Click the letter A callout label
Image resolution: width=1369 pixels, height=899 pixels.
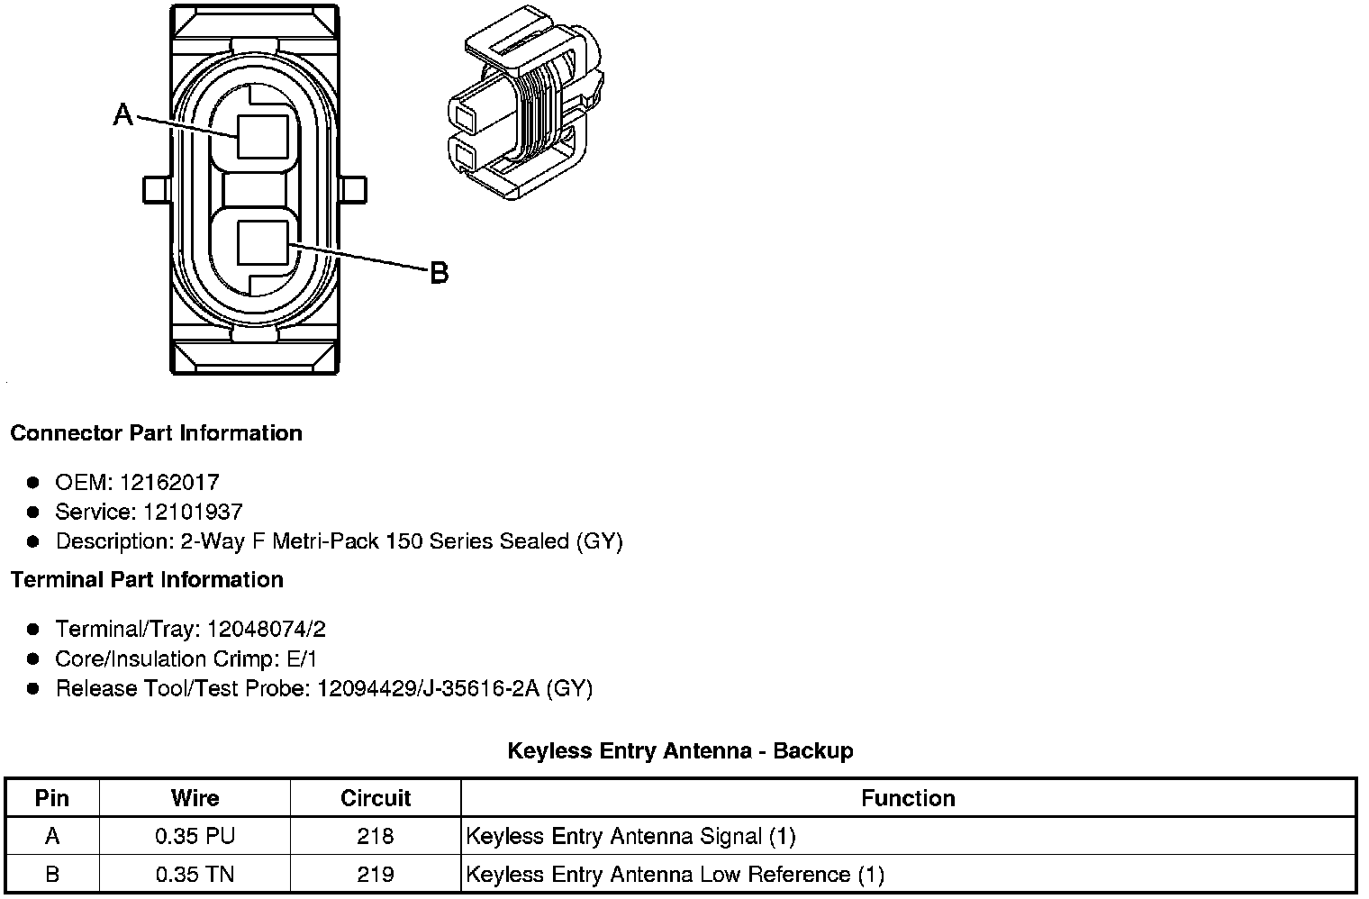click(123, 115)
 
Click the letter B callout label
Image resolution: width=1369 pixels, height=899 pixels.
click(439, 272)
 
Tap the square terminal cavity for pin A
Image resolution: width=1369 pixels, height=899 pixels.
click(263, 138)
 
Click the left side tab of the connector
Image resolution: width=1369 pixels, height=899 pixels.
click(156, 190)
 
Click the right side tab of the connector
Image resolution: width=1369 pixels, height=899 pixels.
click(355, 190)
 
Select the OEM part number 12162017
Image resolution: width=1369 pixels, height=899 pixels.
click(169, 483)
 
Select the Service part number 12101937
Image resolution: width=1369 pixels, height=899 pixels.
click(192, 513)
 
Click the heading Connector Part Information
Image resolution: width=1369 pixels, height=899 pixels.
click(156, 433)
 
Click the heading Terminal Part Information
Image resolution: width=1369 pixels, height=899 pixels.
click(147, 580)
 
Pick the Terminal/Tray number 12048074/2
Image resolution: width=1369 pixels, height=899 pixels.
click(266, 629)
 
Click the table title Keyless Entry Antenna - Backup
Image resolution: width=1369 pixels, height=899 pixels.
click(680, 750)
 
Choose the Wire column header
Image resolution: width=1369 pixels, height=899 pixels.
click(195, 798)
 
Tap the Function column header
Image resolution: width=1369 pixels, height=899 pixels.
click(908, 798)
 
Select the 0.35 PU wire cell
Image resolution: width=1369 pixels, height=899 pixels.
click(195, 836)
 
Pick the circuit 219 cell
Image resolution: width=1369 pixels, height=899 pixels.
click(375, 874)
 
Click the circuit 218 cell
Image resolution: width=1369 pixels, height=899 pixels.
click(375, 836)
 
